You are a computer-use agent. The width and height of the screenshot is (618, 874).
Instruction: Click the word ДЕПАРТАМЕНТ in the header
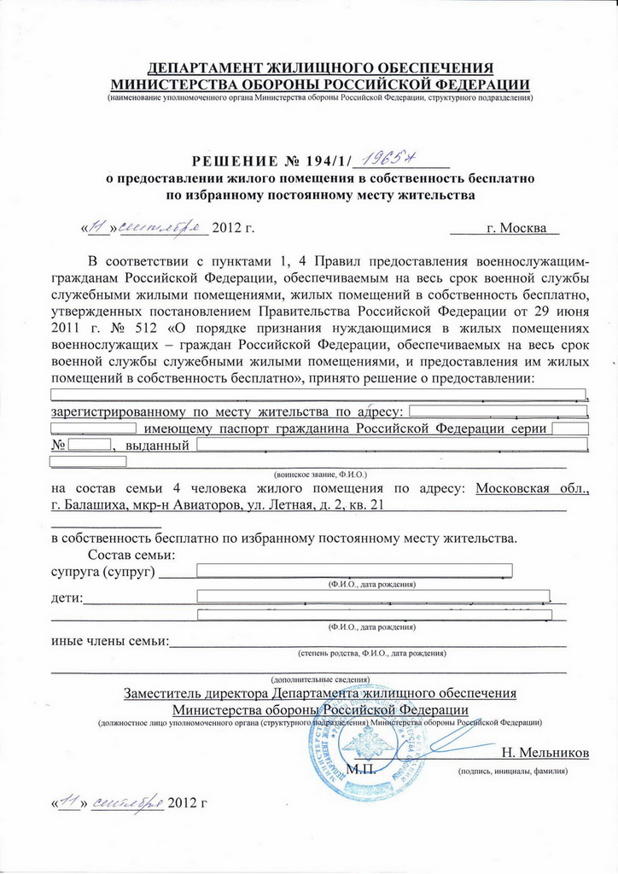point(212,68)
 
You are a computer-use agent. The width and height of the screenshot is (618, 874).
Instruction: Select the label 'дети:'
point(67,597)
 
